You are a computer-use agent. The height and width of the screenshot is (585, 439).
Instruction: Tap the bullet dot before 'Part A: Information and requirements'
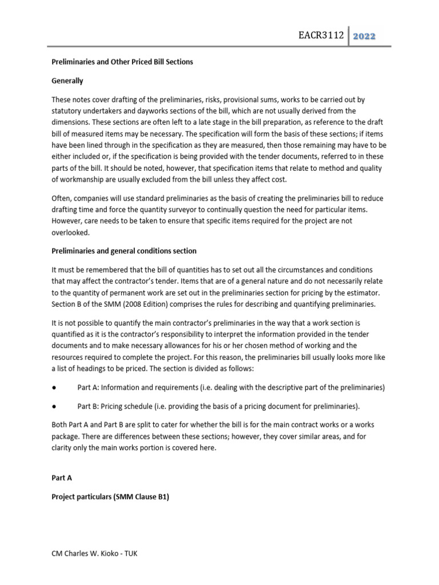(x=53, y=387)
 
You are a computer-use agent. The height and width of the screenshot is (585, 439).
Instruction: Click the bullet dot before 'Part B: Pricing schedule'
(x=53, y=406)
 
